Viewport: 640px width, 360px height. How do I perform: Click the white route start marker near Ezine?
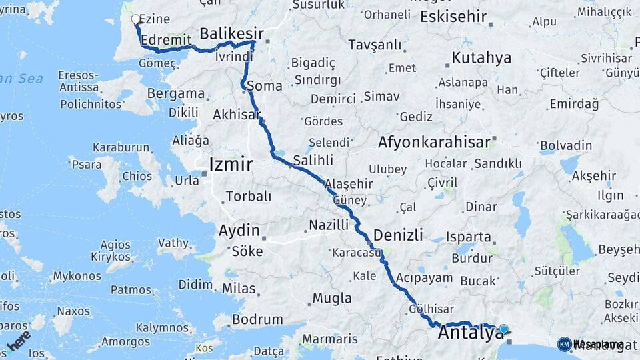[136, 19]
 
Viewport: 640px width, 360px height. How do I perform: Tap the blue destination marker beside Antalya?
[503, 329]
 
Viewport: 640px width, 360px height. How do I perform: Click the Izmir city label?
[231, 164]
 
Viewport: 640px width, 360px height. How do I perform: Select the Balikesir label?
[232, 33]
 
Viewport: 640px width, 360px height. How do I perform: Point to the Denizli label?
[398, 235]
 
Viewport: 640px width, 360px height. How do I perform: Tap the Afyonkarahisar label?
[434, 142]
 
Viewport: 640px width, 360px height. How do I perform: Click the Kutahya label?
[481, 57]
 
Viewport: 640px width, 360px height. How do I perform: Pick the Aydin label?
[239, 231]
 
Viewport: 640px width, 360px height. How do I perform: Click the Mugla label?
[331, 298]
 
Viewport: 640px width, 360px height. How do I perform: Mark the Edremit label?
[167, 39]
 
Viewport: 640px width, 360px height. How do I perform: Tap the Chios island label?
[137, 176]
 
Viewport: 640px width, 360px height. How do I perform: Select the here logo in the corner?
[19, 341]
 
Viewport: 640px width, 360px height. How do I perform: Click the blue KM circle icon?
[564, 344]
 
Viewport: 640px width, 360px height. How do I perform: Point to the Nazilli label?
[328, 225]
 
